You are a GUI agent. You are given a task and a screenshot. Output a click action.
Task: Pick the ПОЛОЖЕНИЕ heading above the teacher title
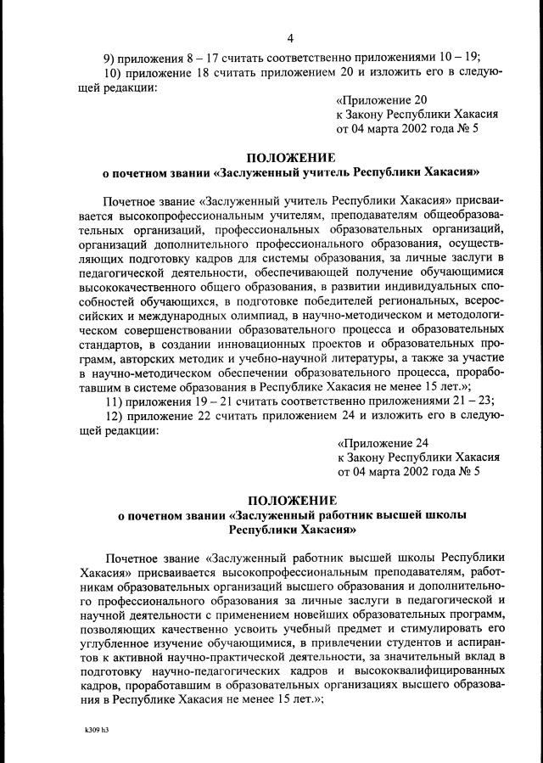coord(290,158)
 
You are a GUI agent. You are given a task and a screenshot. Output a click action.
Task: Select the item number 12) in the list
coord(116,416)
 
